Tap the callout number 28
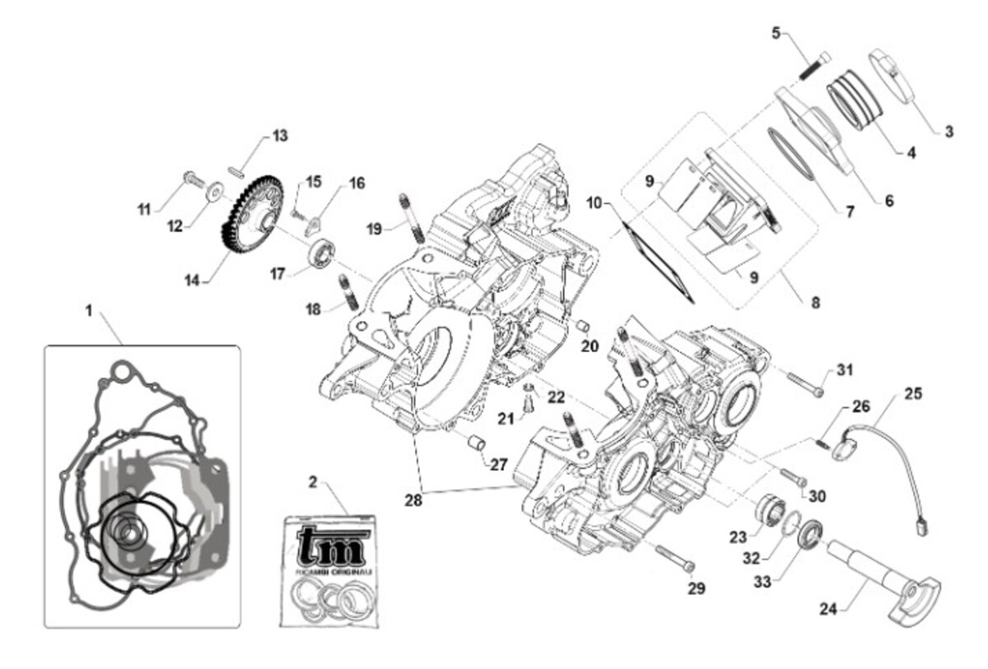coord(413,499)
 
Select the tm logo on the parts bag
coord(331,546)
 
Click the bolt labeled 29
coord(675,558)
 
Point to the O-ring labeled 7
coord(791,152)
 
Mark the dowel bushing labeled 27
coord(475,444)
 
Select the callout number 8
coord(815,302)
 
